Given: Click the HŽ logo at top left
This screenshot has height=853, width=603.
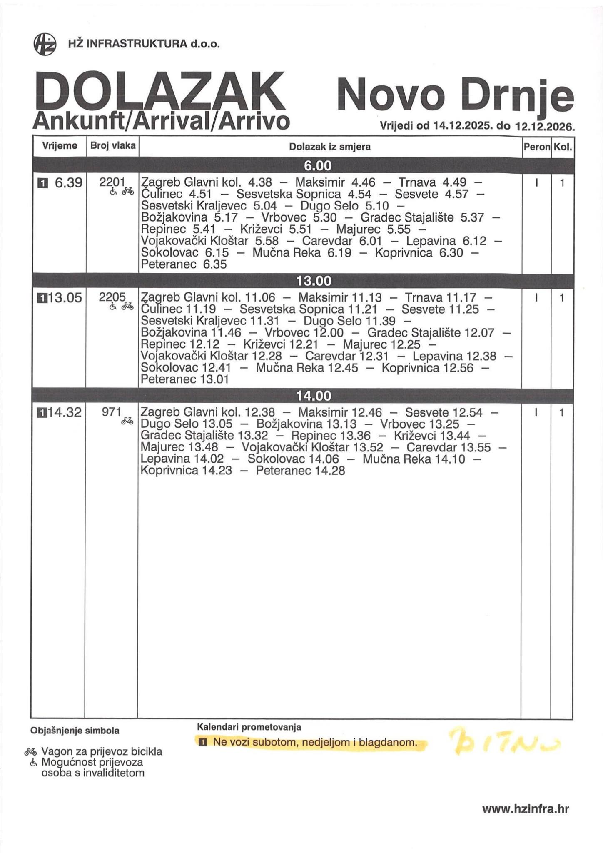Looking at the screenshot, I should pyautogui.click(x=45, y=43).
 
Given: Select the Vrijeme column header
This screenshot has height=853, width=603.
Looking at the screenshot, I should pyautogui.click(x=60, y=146).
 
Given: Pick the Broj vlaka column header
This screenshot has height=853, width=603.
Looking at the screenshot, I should pyautogui.click(x=113, y=146).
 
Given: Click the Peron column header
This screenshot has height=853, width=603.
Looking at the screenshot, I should pyautogui.click(x=537, y=147).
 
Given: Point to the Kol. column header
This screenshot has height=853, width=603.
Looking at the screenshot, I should pyautogui.click(x=563, y=147).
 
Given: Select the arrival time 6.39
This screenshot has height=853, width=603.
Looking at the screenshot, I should pyautogui.click(x=69, y=182).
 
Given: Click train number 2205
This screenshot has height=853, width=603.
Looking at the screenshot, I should pyautogui.click(x=112, y=297).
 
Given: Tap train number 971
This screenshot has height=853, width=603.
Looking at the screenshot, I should pyautogui.click(x=112, y=412).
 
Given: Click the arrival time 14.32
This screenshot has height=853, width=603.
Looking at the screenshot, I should pyautogui.click(x=65, y=412).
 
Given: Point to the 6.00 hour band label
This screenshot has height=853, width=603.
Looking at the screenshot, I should pyautogui.click(x=317, y=166).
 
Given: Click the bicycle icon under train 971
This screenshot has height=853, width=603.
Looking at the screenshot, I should pyautogui.click(x=127, y=421).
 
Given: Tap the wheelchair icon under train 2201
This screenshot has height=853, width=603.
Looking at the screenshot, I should pyautogui.click(x=112, y=191).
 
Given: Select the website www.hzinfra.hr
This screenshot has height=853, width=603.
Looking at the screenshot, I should pyautogui.click(x=526, y=809).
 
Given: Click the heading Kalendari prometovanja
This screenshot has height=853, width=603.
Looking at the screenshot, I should pyautogui.click(x=249, y=727).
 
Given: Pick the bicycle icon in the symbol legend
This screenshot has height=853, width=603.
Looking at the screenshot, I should pyautogui.click(x=30, y=752).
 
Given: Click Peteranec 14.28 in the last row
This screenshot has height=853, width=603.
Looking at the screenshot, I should pyautogui.click(x=300, y=471).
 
